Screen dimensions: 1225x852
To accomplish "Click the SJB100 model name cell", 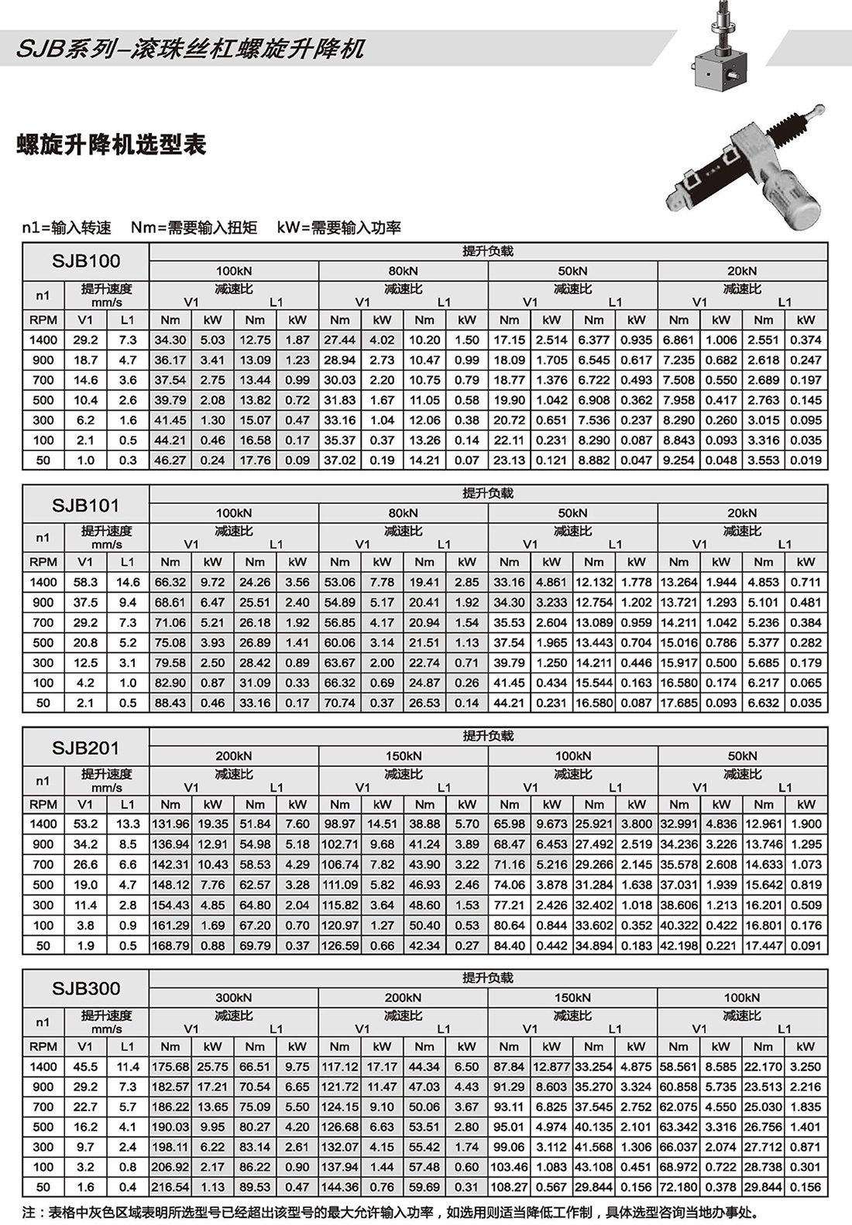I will [85, 261].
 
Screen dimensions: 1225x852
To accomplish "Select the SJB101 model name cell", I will [85, 505].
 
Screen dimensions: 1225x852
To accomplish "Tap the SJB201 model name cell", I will [85, 748].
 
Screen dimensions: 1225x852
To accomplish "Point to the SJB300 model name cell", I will [85, 988].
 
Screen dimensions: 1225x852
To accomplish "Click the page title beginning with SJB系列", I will [191, 49].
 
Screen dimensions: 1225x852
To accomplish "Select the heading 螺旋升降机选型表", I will [112, 145].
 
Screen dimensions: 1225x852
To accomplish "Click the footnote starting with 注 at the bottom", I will [392, 1213].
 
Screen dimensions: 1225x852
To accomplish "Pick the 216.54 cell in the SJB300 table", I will [170, 1186].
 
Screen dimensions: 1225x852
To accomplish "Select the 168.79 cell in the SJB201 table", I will [170, 945].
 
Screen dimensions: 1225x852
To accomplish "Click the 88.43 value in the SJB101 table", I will [170, 703].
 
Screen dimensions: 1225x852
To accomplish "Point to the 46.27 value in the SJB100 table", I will [170, 460].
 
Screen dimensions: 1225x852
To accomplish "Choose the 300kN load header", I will [233, 997].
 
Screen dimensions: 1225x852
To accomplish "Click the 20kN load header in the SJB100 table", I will [742, 271].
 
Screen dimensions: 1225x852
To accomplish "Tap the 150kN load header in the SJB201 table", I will [403, 755].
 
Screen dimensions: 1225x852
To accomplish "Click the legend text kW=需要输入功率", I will [338, 228].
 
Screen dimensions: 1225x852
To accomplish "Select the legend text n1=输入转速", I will [67, 228].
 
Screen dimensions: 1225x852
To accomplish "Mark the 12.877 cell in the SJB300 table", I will [551, 1066].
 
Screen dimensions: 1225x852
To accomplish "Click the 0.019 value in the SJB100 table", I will [806, 460].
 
